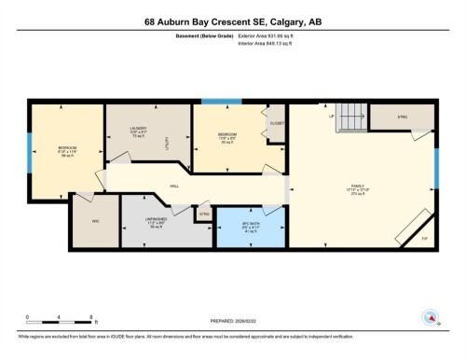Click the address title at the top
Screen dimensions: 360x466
[x=233, y=21]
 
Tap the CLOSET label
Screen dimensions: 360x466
[x=276, y=123]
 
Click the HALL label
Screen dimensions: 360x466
[x=173, y=187]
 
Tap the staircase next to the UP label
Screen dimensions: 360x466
[x=350, y=118]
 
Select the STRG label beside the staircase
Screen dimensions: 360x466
[x=402, y=118]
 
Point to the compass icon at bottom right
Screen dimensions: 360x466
[x=431, y=316]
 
